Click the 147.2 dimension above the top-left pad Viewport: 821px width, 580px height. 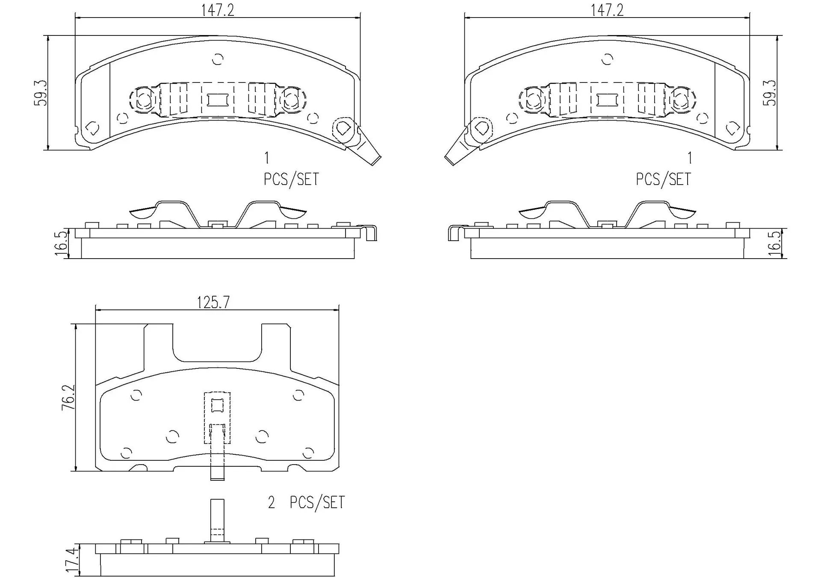(x=218, y=10)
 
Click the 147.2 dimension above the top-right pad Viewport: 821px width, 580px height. (x=607, y=10)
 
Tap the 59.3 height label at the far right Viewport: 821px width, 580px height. (x=770, y=93)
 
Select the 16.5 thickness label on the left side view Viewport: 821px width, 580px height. (x=61, y=243)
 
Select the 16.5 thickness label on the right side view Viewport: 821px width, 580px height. (x=774, y=243)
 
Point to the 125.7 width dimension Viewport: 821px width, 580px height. (x=213, y=303)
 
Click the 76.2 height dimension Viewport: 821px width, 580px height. (x=68, y=397)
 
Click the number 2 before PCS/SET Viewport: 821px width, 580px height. (x=271, y=503)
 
